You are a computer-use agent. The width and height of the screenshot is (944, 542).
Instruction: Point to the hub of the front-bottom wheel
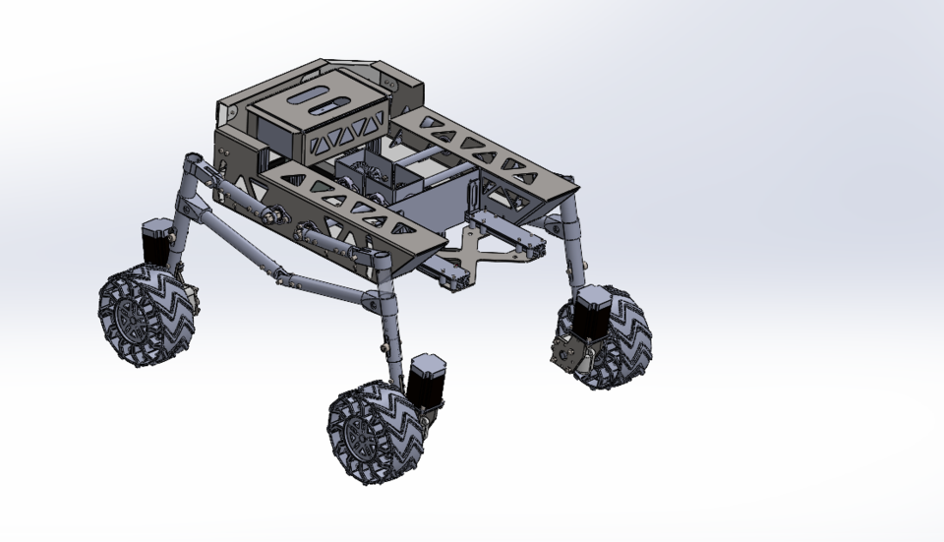tap(360, 436)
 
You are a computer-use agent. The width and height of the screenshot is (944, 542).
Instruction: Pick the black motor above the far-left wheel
tap(156, 242)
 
